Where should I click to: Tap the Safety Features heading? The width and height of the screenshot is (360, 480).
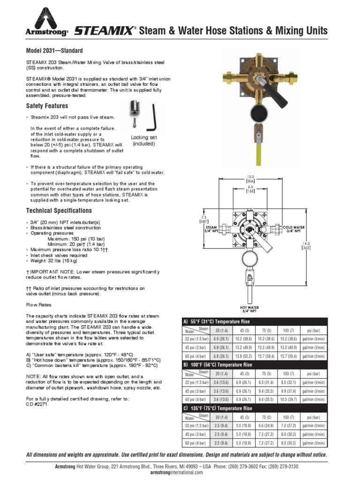pyautogui.click(x=47, y=106)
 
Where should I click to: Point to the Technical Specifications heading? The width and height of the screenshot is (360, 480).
pyautogui.click(x=59, y=210)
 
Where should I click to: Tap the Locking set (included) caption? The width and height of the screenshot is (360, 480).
pyautogui.click(x=144, y=140)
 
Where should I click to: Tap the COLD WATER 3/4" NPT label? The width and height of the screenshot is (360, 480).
pyautogui.click(x=294, y=229)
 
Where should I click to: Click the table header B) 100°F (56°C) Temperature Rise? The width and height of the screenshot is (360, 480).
pyautogui.click(x=219, y=364)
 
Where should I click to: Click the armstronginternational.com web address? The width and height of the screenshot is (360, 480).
pyautogui.click(x=180, y=472)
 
